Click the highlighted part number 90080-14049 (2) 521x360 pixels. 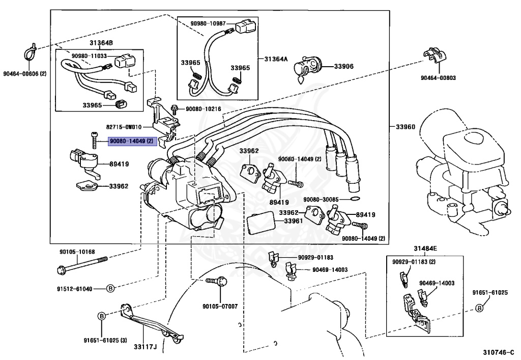[132, 141]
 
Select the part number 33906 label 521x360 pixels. [343, 66]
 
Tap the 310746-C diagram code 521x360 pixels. [498, 352]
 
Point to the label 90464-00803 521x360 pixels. [438, 78]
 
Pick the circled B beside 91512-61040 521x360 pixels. [110, 289]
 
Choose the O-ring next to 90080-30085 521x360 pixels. [355, 199]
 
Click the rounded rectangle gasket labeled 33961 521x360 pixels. [261, 223]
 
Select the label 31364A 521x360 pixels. [276, 59]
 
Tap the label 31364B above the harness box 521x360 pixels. [101, 43]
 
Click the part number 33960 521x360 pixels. [406, 127]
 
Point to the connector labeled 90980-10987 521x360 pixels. [245, 27]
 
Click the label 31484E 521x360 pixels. [425, 248]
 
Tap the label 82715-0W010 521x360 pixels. [124, 127]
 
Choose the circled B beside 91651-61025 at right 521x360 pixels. [479, 308]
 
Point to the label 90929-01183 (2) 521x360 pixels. [414, 262]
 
